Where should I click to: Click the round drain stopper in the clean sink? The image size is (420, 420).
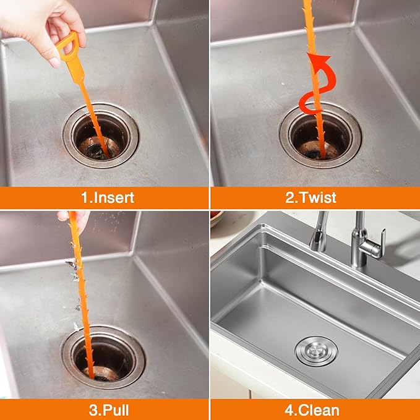[x=316, y=351]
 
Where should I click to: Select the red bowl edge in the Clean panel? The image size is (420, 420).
[x=215, y=218]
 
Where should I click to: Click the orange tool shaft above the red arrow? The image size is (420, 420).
[x=308, y=25]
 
